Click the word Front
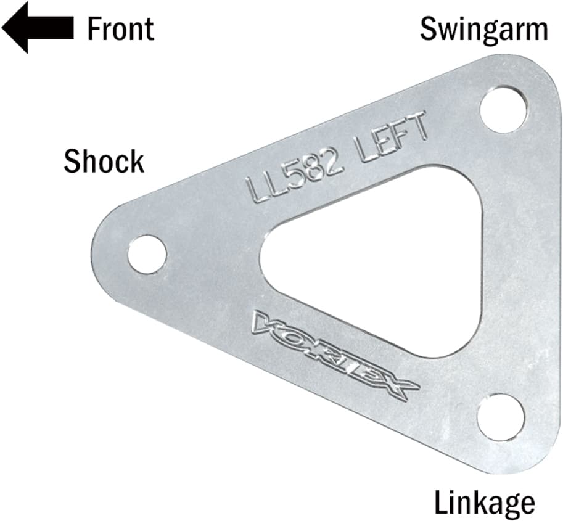click(x=120, y=29)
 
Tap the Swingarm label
click(x=483, y=29)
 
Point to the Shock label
click(x=104, y=161)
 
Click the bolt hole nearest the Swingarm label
click(x=503, y=109)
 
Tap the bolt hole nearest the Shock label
click(x=147, y=254)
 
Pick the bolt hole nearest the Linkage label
click(x=501, y=417)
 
